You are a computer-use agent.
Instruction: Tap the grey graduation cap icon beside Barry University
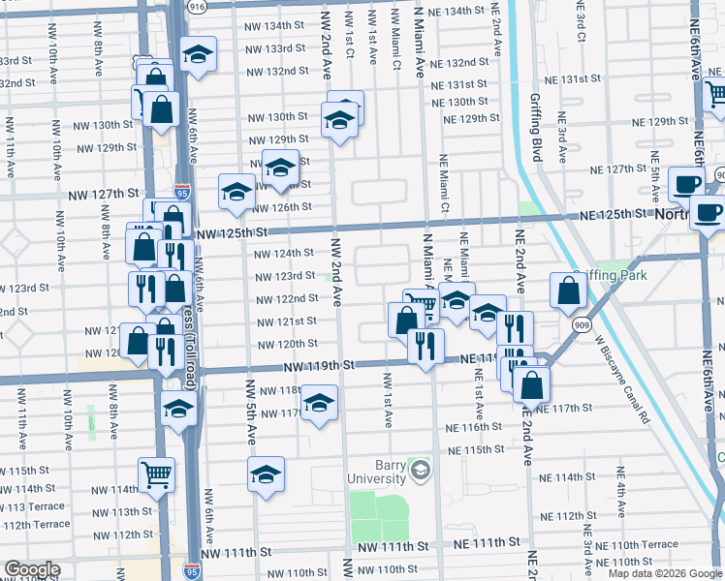420,472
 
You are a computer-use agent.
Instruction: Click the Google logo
32,569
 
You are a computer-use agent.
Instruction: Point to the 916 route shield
198,6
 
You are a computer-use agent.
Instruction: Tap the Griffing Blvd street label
535,127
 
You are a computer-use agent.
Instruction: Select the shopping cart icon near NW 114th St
156,474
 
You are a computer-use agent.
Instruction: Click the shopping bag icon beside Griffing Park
567,289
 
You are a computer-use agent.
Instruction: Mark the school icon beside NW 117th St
318,402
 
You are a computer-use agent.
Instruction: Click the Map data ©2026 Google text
665,573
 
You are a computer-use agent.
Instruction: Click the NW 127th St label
105,194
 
